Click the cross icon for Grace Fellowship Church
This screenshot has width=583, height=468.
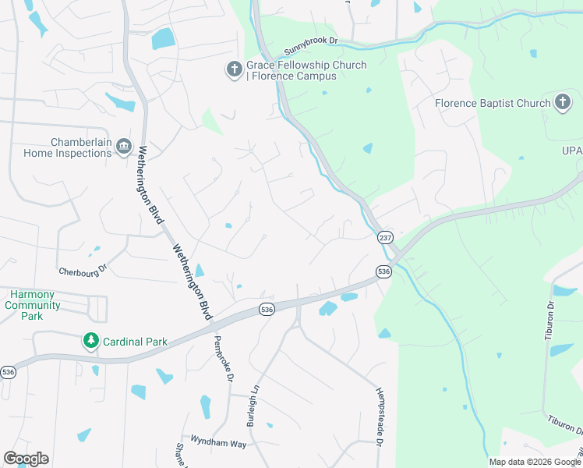[x=233, y=71]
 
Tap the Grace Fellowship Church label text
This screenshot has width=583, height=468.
[x=306, y=71]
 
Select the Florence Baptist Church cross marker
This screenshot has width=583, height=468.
[x=563, y=103]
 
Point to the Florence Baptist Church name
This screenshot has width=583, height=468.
[x=493, y=103]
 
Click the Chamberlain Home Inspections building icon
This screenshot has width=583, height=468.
[x=123, y=147]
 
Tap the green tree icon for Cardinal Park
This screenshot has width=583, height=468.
[x=91, y=341]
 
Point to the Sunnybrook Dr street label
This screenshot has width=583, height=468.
[x=310, y=46]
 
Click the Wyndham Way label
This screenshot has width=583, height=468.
[x=214, y=443]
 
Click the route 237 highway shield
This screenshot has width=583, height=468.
[x=385, y=237]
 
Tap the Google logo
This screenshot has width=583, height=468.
[x=26, y=459]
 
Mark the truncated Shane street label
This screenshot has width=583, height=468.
[x=181, y=455]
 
